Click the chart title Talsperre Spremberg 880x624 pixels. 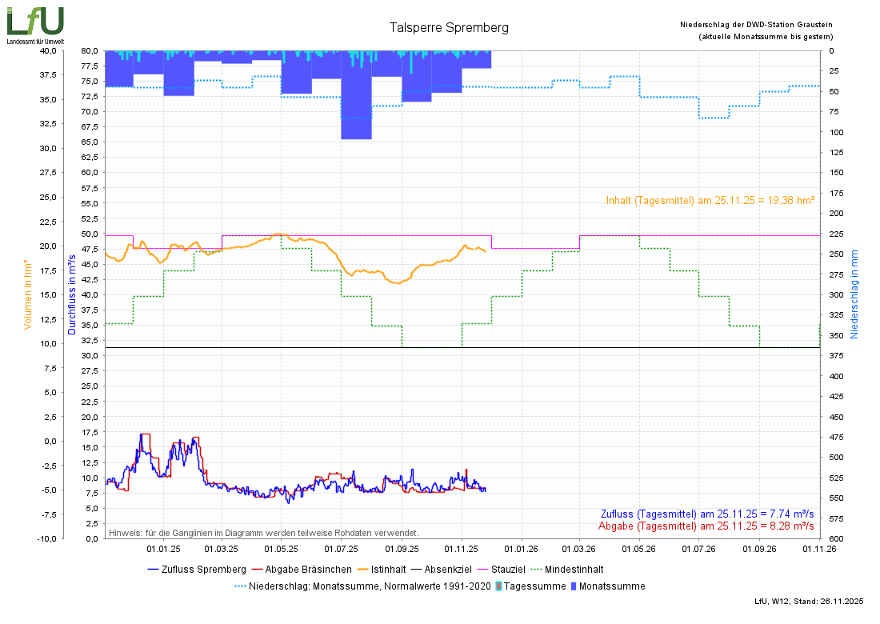(449, 27)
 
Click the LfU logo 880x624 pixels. (35, 22)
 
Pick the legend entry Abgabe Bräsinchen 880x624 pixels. (302, 570)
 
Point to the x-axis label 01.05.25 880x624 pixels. (281, 549)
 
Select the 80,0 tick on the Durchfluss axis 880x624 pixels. (90, 50)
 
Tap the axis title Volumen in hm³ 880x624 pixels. (28, 294)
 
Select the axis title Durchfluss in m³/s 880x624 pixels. (71, 294)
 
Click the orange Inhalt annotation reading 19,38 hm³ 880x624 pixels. (710, 201)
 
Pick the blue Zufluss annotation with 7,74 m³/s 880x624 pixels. (707, 514)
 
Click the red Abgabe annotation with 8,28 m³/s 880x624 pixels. (706, 526)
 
